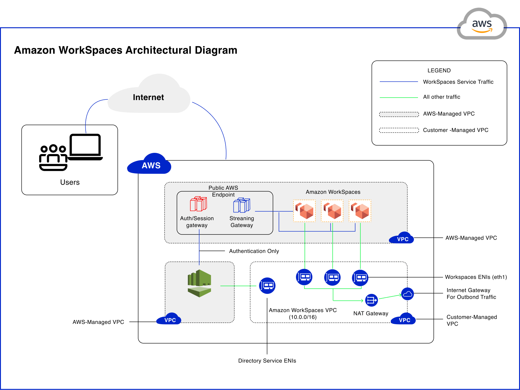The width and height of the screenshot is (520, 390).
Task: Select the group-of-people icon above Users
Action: (x=53, y=157)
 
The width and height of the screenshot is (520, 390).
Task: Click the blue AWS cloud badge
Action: (x=150, y=165)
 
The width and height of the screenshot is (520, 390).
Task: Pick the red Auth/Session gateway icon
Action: (x=198, y=204)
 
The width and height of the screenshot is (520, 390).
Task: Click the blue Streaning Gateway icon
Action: (x=242, y=205)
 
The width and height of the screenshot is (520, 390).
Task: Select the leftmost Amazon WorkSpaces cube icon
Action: (x=304, y=211)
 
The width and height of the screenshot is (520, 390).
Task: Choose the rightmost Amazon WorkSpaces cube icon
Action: (x=360, y=211)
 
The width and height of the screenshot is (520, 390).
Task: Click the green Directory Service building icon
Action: (x=199, y=283)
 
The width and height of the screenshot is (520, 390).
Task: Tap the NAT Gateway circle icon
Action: (x=371, y=300)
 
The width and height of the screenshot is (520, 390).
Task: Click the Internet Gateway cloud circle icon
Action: (x=407, y=294)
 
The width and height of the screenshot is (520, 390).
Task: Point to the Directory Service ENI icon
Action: (x=267, y=286)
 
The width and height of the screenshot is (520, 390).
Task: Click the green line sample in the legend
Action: (x=399, y=98)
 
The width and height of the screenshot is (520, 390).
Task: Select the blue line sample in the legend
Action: (x=399, y=82)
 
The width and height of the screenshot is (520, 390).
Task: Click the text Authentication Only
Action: (x=254, y=251)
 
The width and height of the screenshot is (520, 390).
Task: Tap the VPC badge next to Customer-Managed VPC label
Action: (x=404, y=320)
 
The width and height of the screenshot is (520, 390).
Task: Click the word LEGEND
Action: (x=439, y=70)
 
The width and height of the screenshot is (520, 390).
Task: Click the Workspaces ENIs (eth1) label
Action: (x=476, y=277)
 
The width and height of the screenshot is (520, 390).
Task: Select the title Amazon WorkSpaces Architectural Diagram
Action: (x=126, y=50)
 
